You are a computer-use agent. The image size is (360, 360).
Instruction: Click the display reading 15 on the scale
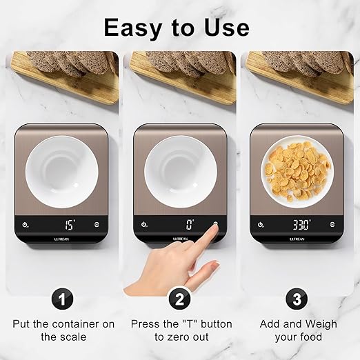coord(70,224)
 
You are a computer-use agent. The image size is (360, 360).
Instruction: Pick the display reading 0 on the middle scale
coord(189,224)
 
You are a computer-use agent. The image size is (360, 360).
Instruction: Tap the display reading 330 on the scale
coord(301,224)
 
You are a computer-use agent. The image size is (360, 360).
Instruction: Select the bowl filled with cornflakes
coord(298,170)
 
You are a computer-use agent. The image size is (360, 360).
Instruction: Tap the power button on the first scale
coord(26,224)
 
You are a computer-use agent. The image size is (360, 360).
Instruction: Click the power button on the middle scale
coord(144,224)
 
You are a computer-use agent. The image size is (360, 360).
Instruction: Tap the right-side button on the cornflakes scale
coord(334,224)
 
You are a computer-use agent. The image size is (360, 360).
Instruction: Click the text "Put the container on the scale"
coord(63,330)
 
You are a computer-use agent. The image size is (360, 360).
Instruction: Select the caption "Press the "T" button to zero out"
coord(181,330)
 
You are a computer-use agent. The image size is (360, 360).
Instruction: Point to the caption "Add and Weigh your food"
coord(298,330)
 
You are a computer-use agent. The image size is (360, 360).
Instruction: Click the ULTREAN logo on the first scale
coord(63,239)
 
